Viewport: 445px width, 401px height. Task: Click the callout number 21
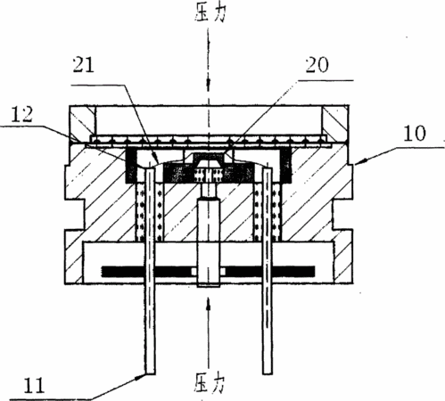point(84,64)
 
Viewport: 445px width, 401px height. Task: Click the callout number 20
point(317,64)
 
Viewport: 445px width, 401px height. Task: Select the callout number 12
point(21,114)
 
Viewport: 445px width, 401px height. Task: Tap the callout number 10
point(415,134)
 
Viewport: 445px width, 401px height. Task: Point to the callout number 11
point(34,386)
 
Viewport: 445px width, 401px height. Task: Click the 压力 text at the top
point(210,12)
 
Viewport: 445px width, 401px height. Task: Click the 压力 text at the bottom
point(210,382)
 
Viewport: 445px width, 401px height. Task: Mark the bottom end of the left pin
point(150,373)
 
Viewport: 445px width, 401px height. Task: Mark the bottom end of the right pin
point(268,373)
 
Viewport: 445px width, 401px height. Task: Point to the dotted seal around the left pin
point(150,212)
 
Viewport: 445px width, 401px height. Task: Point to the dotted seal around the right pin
point(268,212)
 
